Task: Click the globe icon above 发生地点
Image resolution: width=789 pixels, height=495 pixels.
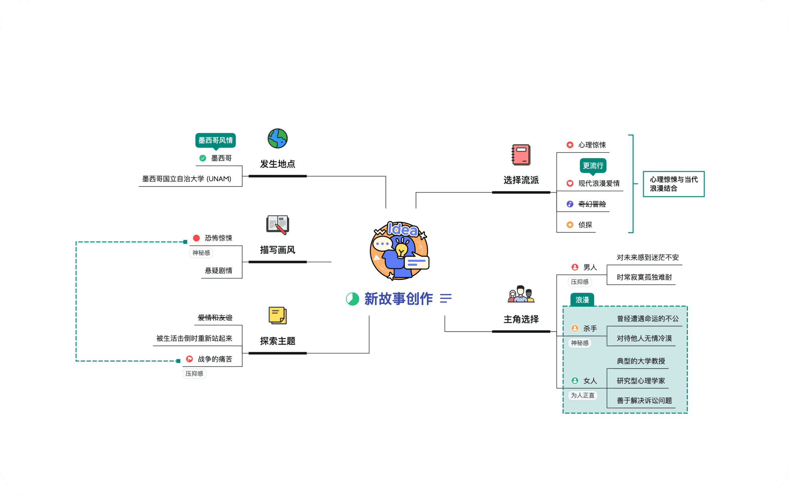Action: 277,139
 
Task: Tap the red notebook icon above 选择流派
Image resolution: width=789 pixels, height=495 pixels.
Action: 521,155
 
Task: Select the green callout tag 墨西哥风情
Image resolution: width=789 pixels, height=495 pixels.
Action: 215,140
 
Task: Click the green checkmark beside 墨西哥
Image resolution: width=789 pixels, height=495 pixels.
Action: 203,158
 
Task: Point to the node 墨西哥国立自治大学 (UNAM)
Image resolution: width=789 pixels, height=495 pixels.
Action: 187,179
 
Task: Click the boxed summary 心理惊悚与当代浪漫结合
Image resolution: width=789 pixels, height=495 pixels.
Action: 673,184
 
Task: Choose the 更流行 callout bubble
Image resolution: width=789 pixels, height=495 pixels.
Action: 593,166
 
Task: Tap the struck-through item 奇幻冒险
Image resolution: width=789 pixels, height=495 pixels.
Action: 592,204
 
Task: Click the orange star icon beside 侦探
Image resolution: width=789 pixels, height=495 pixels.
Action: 570,225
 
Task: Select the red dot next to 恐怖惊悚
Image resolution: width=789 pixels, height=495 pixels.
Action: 196,238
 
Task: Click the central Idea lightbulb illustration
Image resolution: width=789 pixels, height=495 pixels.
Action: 399,250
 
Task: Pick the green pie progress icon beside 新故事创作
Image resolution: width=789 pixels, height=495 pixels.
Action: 353,299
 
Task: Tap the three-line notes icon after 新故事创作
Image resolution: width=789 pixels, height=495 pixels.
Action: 445,298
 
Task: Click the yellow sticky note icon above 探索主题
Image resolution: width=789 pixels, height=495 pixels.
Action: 277,316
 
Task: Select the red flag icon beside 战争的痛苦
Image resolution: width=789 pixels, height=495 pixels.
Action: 189,359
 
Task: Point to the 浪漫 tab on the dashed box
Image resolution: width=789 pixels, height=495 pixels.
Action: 582,300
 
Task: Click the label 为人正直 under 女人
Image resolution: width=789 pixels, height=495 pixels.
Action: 582,395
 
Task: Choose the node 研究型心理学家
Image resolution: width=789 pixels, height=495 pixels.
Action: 640,381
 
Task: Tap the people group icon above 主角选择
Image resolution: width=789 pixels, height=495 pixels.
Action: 521,294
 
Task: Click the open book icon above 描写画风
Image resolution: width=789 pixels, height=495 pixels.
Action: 277,225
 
